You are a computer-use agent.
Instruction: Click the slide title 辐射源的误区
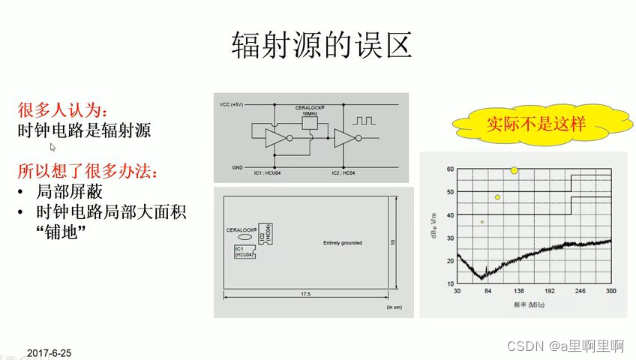320,46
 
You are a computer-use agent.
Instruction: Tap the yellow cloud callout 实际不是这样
535,124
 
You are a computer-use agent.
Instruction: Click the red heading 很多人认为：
68,109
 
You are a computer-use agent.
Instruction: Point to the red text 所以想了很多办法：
88,170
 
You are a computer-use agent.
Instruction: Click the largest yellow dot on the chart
514,171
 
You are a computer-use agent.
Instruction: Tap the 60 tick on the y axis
450,169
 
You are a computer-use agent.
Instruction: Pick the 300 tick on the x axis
610,290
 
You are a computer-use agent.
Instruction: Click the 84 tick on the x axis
488,290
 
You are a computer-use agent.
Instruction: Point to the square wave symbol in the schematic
364,120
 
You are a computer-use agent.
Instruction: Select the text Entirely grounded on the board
343,243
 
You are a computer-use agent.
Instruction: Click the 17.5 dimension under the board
305,293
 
